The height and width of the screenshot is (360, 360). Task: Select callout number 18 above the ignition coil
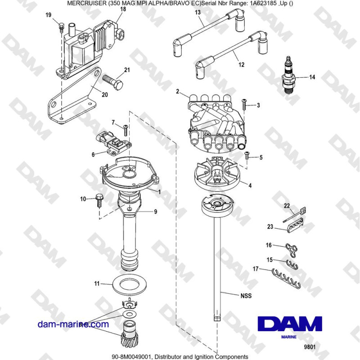[123, 9]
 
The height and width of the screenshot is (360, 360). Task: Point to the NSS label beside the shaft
[245, 296]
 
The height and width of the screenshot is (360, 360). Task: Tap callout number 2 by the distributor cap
[178, 92]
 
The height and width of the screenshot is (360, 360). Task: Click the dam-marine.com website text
[73, 324]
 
